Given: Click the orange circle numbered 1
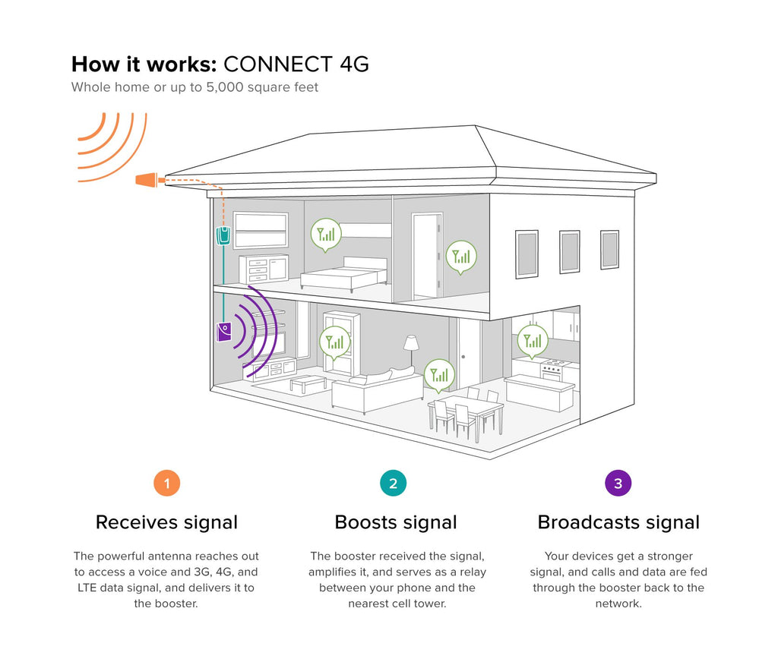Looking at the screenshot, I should (166, 483).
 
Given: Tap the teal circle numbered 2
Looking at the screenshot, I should (393, 483).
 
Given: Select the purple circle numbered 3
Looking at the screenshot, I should (618, 483).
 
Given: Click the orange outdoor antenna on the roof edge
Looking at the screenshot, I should (147, 180).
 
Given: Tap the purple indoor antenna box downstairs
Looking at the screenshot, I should (224, 332).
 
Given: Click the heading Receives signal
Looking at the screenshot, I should (166, 522).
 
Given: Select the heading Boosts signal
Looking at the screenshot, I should (396, 522).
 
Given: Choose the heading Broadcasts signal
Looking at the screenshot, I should (618, 522).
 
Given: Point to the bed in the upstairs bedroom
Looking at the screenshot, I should (346, 273).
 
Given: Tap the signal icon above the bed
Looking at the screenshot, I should (327, 235).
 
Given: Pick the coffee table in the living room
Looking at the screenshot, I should (308, 382).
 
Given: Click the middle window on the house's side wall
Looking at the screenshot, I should (570, 251).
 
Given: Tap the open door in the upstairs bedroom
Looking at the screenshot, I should (427, 256).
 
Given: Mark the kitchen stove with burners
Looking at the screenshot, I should (551, 370).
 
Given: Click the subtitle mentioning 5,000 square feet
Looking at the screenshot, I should (194, 87).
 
